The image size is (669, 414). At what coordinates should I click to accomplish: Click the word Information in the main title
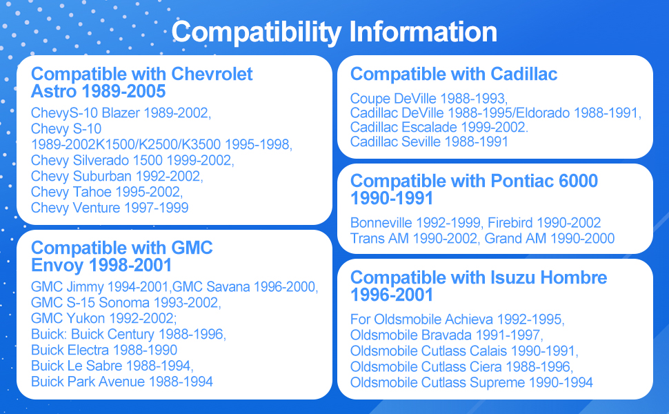pos(423,32)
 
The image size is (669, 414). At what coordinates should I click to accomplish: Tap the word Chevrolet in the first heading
pos(212,75)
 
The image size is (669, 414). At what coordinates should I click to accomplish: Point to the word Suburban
pos(102,176)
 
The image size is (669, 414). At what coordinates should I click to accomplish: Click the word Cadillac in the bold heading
pos(523,75)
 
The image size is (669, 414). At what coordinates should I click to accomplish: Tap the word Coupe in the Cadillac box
pos(370,99)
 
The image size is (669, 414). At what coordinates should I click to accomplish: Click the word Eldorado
pos(543,113)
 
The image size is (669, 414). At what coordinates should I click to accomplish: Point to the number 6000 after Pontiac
pos(578,181)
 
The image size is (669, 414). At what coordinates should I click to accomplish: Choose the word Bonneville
pos(381,223)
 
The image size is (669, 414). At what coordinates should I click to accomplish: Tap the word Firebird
pos(510,223)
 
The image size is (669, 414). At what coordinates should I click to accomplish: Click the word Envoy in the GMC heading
pos(57,266)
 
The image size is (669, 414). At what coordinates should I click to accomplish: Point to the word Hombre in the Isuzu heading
pos(573,278)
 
